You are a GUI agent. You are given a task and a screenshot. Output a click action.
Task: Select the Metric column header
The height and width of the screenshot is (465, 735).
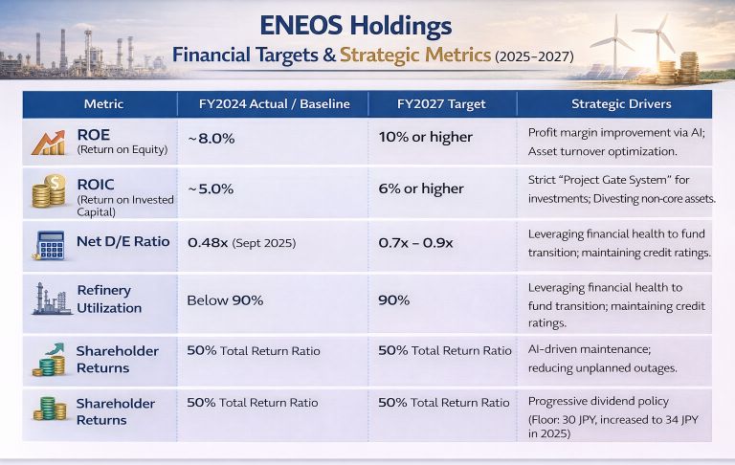pos(102,103)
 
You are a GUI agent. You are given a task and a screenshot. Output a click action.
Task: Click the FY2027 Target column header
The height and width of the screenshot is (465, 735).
pos(442,103)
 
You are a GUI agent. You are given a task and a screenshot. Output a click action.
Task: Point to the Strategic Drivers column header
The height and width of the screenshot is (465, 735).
pos(621,103)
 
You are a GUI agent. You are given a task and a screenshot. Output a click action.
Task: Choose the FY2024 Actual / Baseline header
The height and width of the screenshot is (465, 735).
pos(274,103)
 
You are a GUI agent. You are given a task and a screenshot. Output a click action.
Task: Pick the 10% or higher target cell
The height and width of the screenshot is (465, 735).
pos(426,137)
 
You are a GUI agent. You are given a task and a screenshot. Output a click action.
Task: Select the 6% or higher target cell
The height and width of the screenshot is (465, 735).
pos(422,188)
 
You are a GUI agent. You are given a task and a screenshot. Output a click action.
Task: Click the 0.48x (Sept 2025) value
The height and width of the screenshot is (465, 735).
pos(242,243)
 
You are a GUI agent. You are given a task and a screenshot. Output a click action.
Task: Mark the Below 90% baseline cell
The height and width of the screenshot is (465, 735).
pos(225,300)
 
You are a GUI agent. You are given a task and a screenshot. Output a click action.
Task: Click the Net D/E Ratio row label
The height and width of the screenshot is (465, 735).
pos(123,242)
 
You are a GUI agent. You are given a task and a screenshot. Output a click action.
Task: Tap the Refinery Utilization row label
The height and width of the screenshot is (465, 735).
pos(108,299)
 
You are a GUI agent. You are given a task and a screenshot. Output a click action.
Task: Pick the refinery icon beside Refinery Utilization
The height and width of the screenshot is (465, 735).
pos(50,299)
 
